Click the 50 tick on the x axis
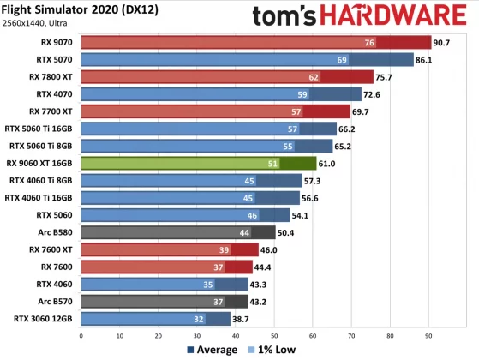[274, 336]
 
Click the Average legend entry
[213, 350]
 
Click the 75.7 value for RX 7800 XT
[386, 77]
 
